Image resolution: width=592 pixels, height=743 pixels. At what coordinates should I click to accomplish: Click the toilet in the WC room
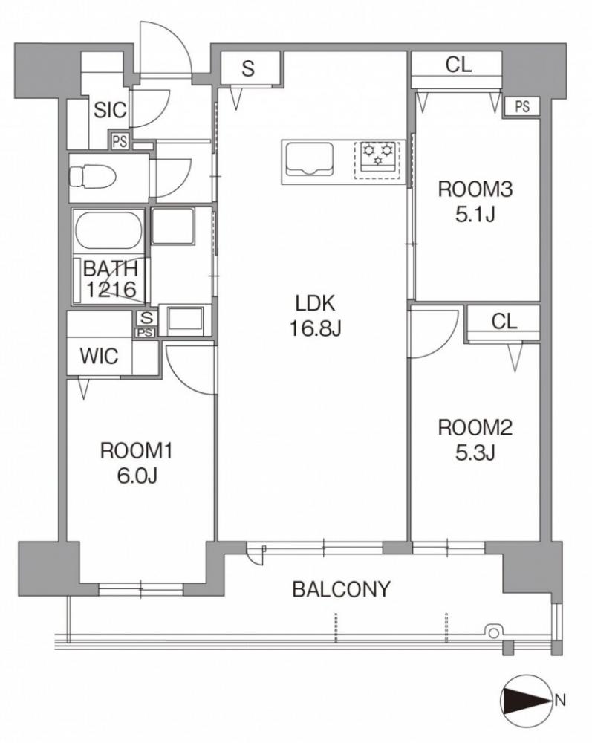(x=93, y=178)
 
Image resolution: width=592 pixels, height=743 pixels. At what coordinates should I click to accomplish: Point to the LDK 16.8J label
(x=315, y=315)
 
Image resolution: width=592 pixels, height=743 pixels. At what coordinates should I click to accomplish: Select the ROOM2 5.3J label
(x=475, y=440)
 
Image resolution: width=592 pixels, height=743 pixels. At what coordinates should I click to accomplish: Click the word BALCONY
(x=341, y=589)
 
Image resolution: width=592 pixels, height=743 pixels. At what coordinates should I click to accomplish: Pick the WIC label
(x=99, y=356)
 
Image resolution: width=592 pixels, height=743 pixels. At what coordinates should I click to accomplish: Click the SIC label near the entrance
(x=110, y=110)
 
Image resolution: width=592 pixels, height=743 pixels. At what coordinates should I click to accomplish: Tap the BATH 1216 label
(x=111, y=279)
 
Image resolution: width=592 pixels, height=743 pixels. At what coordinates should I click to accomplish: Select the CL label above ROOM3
(x=458, y=65)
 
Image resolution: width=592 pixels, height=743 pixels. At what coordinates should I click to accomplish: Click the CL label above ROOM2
(x=504, y=322)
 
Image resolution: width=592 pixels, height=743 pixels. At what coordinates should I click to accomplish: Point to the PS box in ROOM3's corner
(x=522, y=107)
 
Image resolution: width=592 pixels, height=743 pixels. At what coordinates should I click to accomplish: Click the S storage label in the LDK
(x=248, y=68)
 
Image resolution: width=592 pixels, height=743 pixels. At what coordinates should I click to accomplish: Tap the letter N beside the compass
(x=560, y=699)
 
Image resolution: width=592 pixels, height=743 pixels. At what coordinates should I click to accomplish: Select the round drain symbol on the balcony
(x=493, y=632)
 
